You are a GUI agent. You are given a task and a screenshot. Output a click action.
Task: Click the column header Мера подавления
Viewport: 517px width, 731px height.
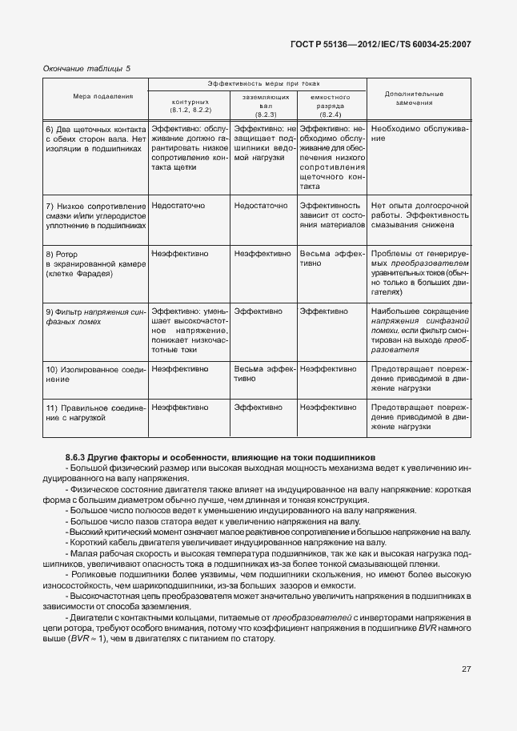click(100, 97)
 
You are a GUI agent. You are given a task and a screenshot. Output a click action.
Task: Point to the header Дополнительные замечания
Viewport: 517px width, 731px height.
click(414, 98)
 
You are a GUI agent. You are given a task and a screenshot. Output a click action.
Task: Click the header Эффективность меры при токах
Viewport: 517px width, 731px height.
click(257, 83)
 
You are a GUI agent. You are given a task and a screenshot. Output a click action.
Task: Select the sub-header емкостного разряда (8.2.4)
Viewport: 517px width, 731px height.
click(331, 106)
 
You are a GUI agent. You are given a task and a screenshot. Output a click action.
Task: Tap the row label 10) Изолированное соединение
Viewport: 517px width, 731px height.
click(96, 374)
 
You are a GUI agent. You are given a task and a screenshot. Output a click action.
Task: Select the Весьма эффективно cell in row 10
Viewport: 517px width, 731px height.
click(264, 374)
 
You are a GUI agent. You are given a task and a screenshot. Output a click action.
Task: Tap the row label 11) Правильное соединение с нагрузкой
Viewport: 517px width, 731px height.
click(96, 412)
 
